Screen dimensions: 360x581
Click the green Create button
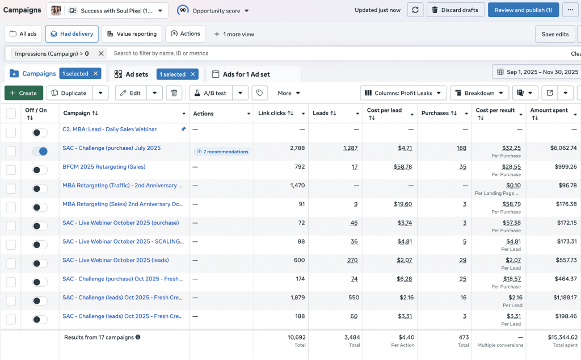click(23, 93)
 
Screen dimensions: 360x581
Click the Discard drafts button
click(455, 10)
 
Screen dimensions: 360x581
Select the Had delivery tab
click(72, 34)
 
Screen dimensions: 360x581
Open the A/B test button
click(210, 93)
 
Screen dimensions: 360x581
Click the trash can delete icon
click(175, 93)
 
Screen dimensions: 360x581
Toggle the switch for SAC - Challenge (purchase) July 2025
click(40, 151)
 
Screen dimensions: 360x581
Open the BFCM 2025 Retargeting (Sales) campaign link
click(104, 167)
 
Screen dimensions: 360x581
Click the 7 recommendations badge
click(222, 152)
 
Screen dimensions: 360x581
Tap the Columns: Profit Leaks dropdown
click(403, 93)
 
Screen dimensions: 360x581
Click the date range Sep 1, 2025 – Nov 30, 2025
click(537, 72)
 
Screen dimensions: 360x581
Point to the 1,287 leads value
click(350, 148)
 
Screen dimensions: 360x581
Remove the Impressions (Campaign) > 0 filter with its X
click(101, 53)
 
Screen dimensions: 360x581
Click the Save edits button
click(555, 34)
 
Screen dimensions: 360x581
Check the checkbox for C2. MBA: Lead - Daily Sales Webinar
click(11, 132)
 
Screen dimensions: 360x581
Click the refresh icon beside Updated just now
click(415, 10)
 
